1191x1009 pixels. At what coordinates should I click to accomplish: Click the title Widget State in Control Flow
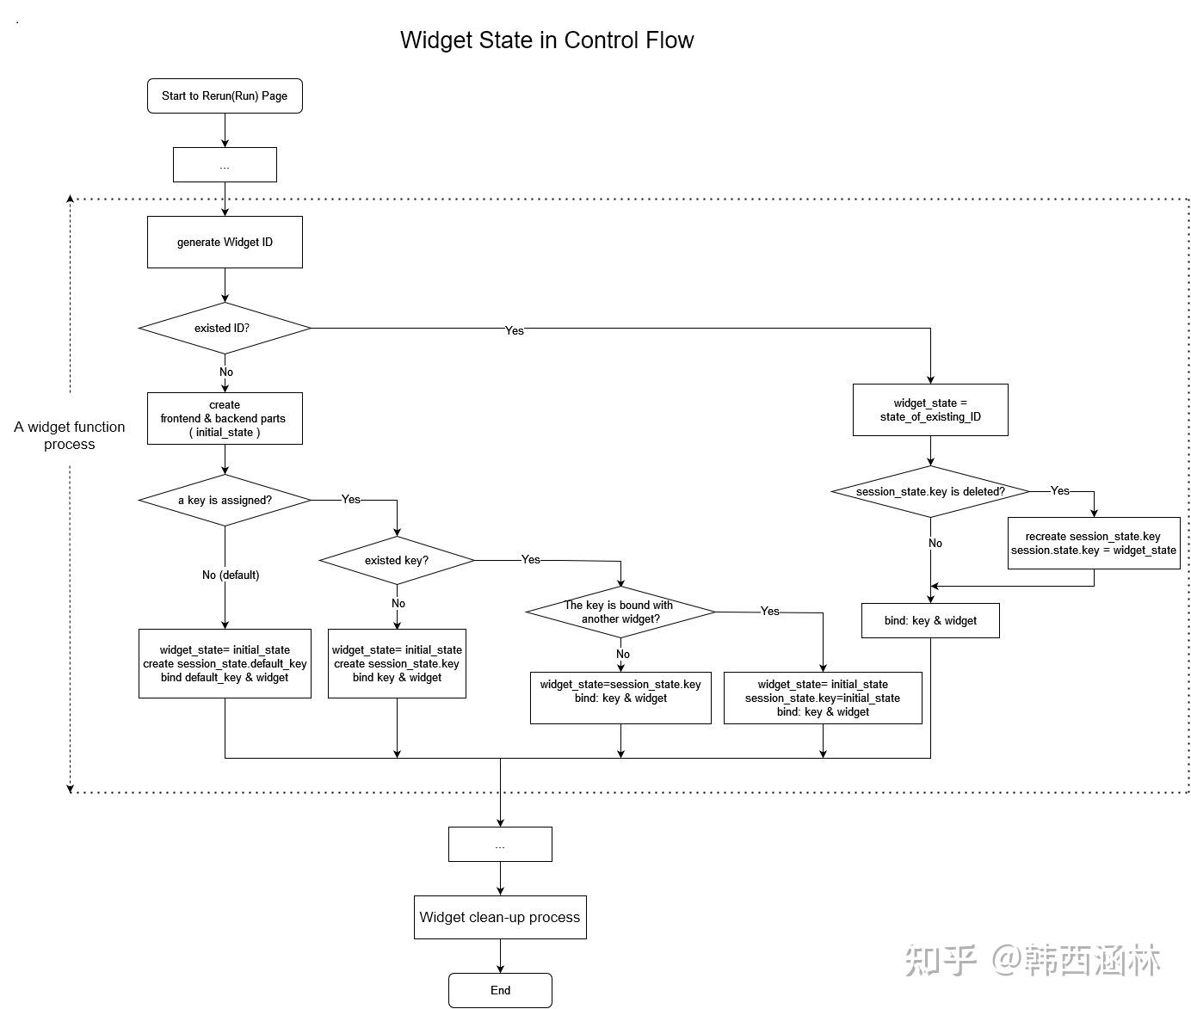coord(546,40)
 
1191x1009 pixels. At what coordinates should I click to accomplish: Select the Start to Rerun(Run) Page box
coord(225,95)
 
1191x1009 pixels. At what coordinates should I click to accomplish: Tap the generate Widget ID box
coord(225,242)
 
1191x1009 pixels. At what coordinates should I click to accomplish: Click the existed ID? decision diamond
coord(225,328)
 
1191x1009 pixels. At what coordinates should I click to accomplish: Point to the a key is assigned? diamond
coord(225,500)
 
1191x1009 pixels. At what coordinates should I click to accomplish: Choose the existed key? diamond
coord(397,560)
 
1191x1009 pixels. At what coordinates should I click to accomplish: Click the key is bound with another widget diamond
coord(620,612)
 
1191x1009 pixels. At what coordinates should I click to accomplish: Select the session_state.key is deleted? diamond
coord(930,491)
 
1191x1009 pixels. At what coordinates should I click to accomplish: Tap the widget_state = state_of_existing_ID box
coord(930,409)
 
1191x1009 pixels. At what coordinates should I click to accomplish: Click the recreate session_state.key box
coord(1093,543)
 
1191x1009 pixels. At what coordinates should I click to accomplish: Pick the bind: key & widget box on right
coord(930,620)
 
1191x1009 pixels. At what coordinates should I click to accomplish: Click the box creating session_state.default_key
coord(225,663)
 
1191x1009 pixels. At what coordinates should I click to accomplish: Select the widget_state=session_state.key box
coord(620,697)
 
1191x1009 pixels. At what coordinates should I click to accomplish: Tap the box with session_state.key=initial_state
coord(823,698)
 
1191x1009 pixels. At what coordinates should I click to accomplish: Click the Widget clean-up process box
coord(500,917)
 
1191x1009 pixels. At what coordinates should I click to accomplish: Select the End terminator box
coord(500,990)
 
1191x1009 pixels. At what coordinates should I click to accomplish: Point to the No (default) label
coord(231,575)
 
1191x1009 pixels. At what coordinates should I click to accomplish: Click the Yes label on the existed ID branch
coord(514,330)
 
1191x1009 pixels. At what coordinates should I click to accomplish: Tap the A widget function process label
coord(70,435)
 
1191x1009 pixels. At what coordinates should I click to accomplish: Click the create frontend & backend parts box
coord(225,418)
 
